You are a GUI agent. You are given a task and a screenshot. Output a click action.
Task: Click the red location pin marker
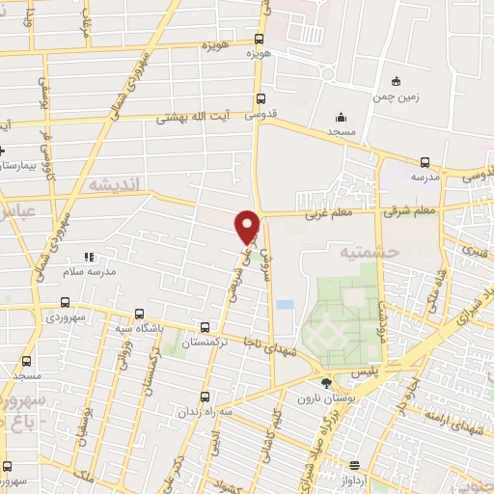click(x=248, y=226)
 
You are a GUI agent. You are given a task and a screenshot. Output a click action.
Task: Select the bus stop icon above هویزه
click(x=258, y=39)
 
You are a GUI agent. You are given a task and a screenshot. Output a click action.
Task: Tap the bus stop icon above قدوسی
click(x=261, y=98)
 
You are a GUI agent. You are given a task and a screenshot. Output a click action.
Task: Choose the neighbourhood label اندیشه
click(x=114, y=182)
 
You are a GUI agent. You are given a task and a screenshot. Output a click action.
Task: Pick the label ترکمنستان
click(x=206, y=343)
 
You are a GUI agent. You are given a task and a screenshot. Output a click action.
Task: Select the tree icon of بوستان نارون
click(x=323, y=384)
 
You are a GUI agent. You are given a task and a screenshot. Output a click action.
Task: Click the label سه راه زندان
click(x=204, y=411)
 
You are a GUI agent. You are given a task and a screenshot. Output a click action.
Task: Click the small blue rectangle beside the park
click(x=284, y=305)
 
